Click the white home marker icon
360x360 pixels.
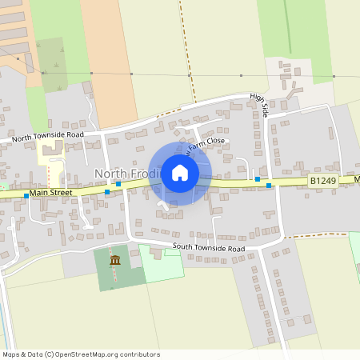pyautogui.click(x=180, y=173)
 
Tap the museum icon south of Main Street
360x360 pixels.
pyautogui.click(x=115, y=260)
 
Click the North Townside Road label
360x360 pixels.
pyautogui.click(x=47, y=136)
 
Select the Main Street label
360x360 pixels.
pyautogui.click(x=51, y=192)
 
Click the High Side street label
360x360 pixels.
pyautogui.click(x=258, y=106)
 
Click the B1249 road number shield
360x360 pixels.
pyautogui.click(x=323, y=182)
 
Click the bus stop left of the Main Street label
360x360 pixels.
pyautogui.click(x=26, y=195)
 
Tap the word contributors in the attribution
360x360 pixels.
pyautogui.click(x=137, y=354)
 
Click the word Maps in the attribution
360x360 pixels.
pyautogui.click(x=11, y=354)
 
